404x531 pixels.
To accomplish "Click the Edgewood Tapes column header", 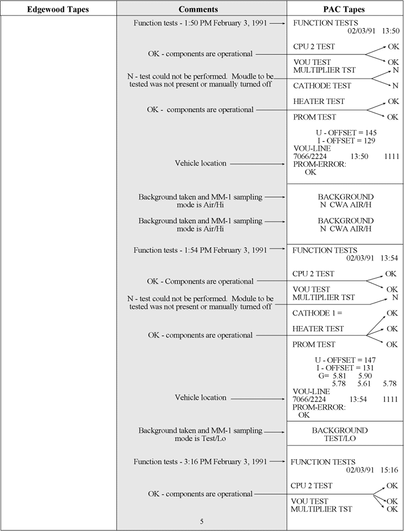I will (x=58, y=9).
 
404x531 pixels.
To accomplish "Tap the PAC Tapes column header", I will (x=345, y=9).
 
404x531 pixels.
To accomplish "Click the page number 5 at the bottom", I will (x=201, y=521).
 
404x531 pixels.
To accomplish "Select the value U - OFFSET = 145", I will (x=346, y=133).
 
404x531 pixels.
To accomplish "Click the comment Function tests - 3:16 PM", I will (x=200, y=462).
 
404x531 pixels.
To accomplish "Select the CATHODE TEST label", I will (x=322, y=85).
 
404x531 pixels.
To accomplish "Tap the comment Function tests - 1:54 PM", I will (x=200, y=250).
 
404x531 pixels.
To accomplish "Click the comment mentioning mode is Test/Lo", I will (x=200, y=434).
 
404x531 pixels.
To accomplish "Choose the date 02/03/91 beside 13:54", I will (x=362, y=258).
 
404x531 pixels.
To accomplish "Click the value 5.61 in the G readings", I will (x=364, y=384).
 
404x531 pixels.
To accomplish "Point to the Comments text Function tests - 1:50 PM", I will (x=200, y=23).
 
